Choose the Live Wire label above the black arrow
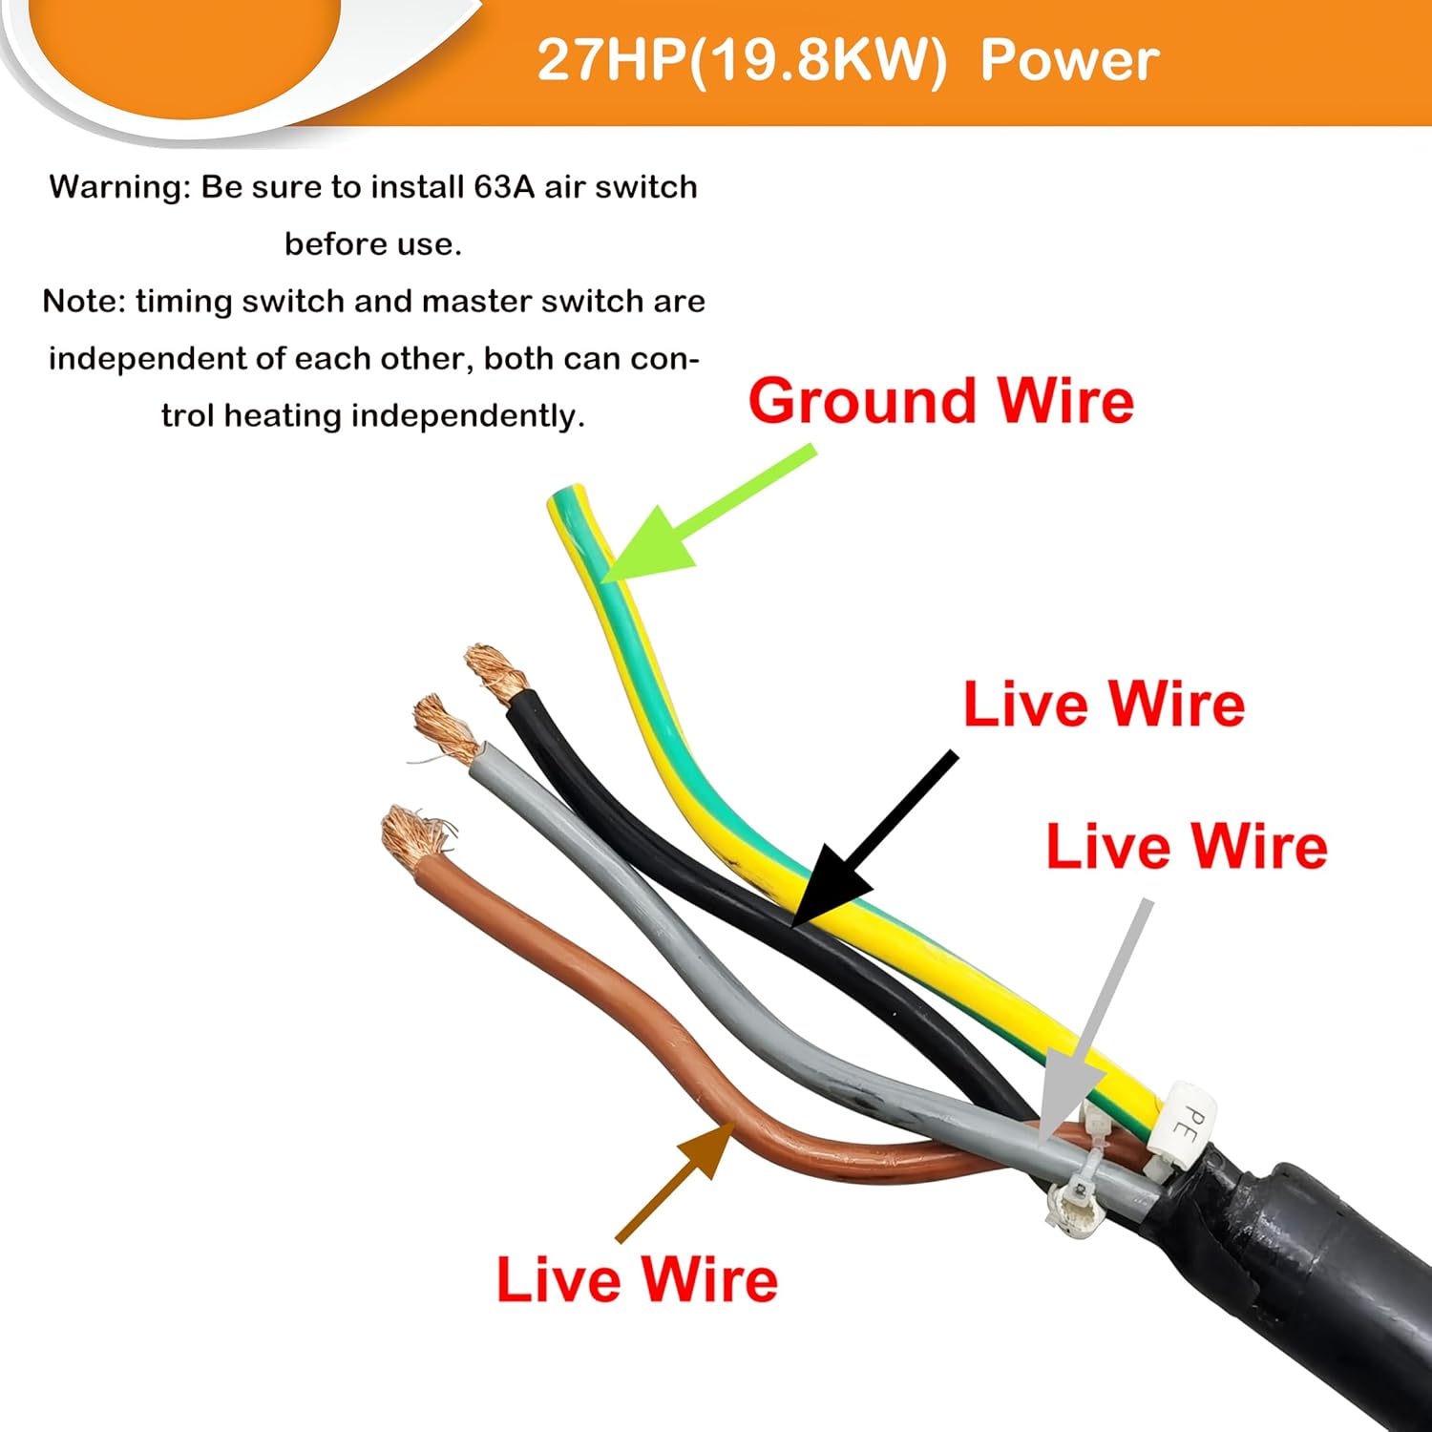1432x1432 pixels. pyautogui.click(x=1104, y=704)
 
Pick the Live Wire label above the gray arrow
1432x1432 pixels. pyautogui.click(x=1187, y=846)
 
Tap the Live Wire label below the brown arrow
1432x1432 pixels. pyautogui.click(x=637, y=1279)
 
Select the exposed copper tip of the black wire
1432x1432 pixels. pyautogui.click(x=494, y=668)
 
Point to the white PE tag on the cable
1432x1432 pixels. pyautogui.click(x=1185, y=1123)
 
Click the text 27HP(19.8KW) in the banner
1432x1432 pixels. pyautogui.click(x=742, y=60)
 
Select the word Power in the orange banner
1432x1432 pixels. pyautogui.click(x=1069, y=60)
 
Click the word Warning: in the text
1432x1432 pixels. pyautogui.click(x=120, y=187)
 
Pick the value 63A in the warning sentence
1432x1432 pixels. pyautogui.click(x=504, y=187)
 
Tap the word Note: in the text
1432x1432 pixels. pyautogui.click(x=84, y=302)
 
